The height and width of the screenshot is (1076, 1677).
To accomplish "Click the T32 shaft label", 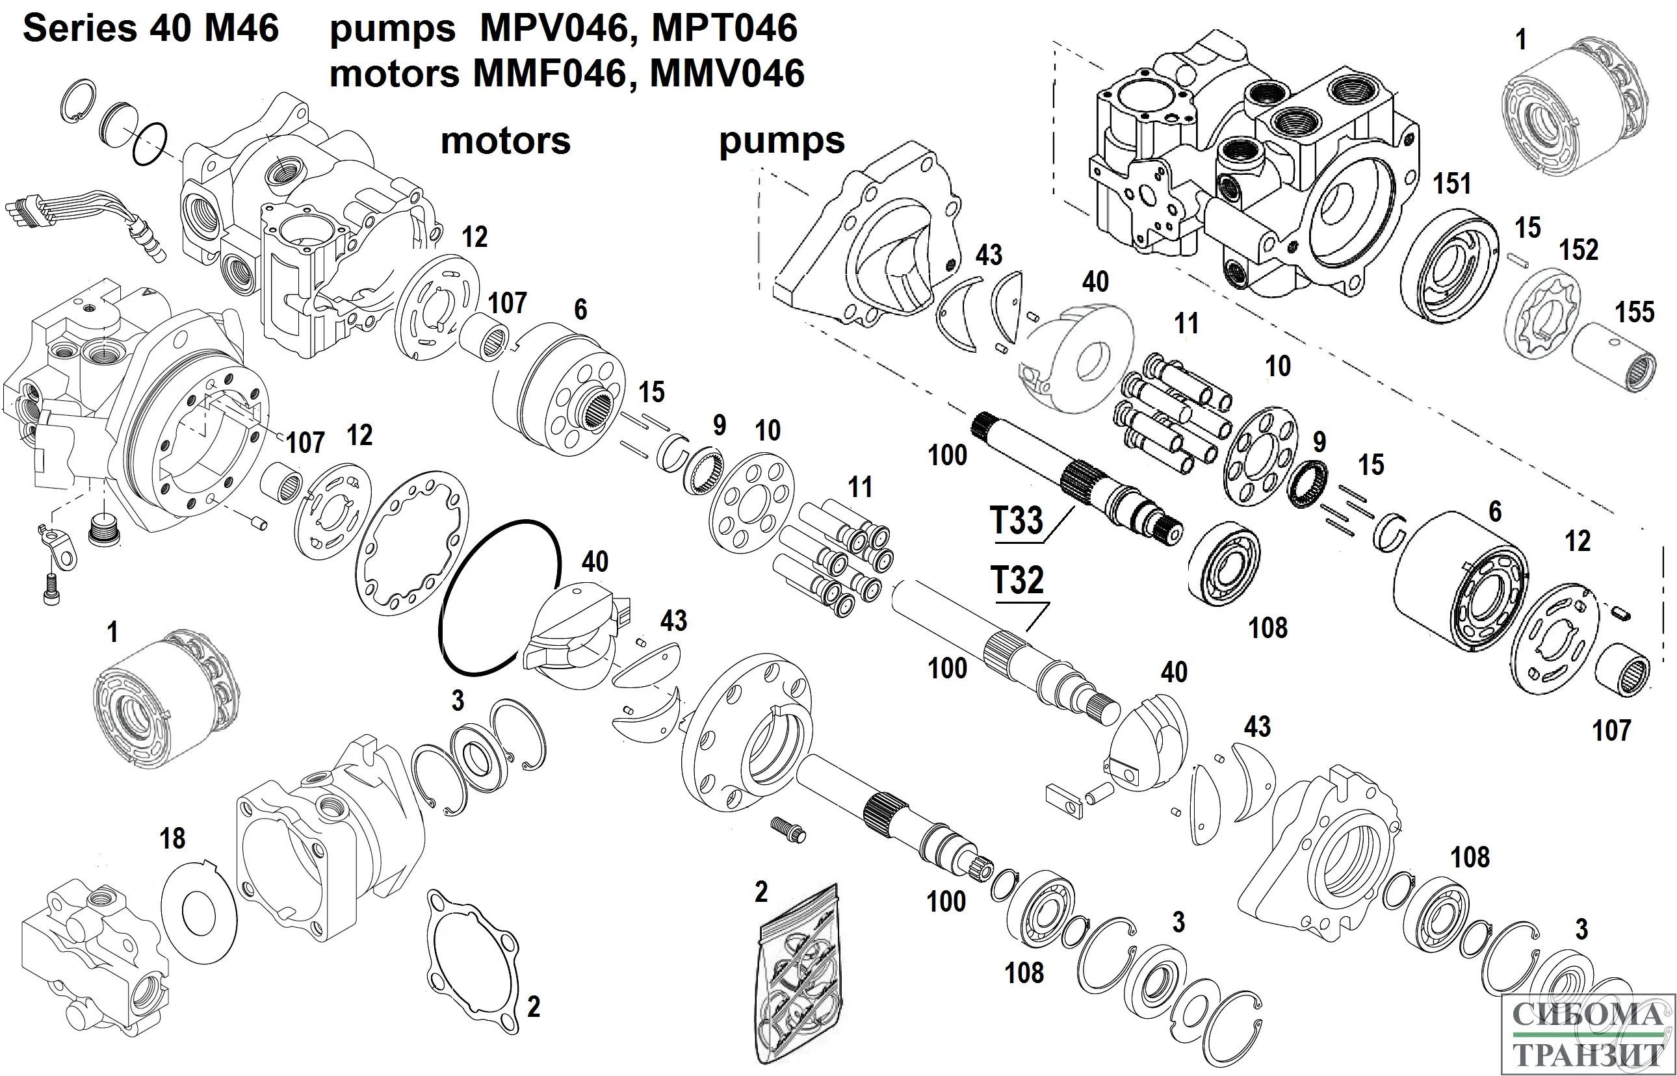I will tap(1017, 581).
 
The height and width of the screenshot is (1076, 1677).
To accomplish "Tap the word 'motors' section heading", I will tap(505, 140).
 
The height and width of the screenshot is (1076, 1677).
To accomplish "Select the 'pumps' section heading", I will tap(782, 140).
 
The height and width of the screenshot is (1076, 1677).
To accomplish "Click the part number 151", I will tap(1452, 184).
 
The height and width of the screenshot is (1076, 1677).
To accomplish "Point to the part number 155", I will tap(1634, 313).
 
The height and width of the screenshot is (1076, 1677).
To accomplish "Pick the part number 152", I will tap(1578, 250).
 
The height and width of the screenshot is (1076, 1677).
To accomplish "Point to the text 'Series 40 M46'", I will tap(151, 29).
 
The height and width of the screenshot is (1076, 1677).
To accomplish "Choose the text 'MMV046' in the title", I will tap(727, 73).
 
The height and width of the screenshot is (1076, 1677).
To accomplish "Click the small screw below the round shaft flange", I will tap(788, 828).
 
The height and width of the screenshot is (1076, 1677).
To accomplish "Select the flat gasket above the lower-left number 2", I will tap(473, 961).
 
